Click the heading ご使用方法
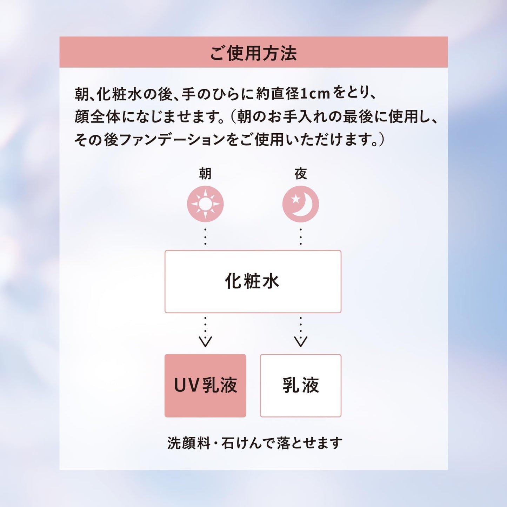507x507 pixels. [x=253, y=53]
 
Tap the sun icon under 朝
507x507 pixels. [x=205, y=204]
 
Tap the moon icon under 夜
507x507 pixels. [x=301, y=204]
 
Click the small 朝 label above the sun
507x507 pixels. [x=205, y=174]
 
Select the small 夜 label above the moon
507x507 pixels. [x=301, y=174]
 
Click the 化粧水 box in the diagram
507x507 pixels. [x=253, y=281]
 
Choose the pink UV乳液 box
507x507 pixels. [x=205, y=385]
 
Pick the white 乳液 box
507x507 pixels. [x=301, y=385]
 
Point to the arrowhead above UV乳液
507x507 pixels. [x=205, y=341]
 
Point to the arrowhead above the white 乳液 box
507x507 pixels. [x=301, y=341]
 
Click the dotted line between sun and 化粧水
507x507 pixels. [x=205, y=236]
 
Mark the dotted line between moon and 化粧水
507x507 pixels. [x=301, y=236]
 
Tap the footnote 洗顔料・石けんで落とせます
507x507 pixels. [x=254, y=443]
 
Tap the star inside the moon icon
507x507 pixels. [x=296, y=199]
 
